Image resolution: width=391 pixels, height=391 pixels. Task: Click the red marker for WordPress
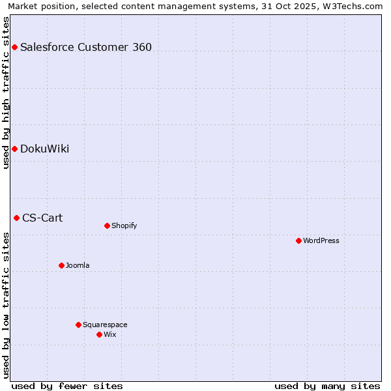[x=298, y=240]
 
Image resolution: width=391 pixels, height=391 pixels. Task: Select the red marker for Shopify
[x=107, y=225]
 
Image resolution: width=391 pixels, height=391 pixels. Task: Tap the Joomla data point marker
[x=61, y=265]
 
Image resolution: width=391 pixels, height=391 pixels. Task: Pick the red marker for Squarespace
[x=78, y=325]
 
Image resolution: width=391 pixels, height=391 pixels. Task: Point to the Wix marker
[x=99, y=334]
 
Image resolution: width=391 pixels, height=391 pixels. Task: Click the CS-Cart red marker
[x=16, y=218]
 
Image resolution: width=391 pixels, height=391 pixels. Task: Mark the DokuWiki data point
[x=14, y=149]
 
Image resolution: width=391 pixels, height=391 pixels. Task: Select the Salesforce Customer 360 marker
[x=14, y=47]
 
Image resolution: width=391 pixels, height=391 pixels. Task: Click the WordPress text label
[x=321, y=240]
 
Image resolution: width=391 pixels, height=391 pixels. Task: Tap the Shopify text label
[x=124, y=225]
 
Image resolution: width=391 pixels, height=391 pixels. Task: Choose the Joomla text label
[x=78, y=265]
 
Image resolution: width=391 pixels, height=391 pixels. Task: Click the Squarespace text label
[x=105, y=325]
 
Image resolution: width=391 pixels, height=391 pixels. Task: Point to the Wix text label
[x=109, y=334]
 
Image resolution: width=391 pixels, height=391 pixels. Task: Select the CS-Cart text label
[x=42, y=218]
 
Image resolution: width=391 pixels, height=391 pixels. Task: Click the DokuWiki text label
[x=44, y=149]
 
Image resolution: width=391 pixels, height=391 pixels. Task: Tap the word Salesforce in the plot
[x=46, y=47]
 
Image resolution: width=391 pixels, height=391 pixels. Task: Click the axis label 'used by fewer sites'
[x=67, y=386]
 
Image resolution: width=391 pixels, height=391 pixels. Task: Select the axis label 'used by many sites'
[x=327, y=386]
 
